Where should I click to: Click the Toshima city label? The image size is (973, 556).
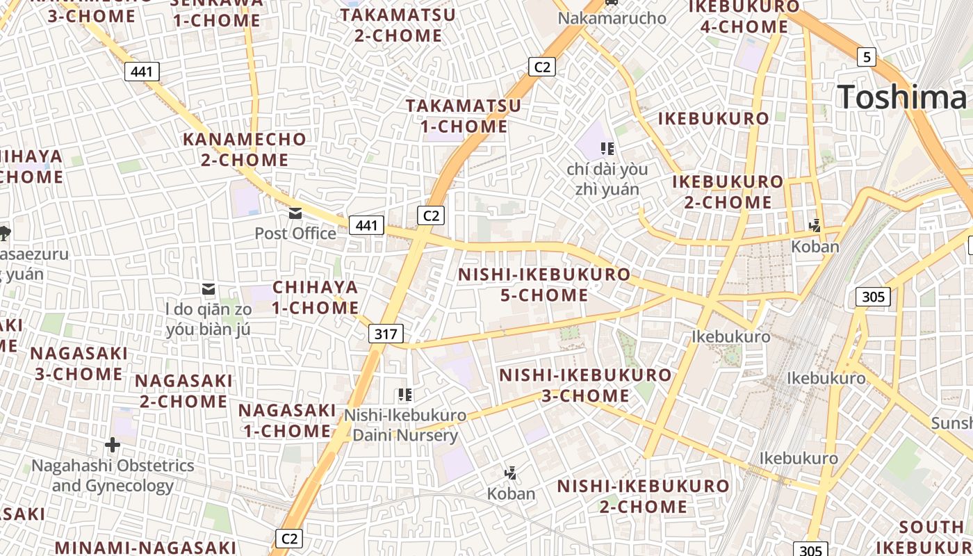point(901,97)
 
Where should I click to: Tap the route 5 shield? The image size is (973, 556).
point(866,57)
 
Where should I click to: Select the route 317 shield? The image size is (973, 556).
point(385,334)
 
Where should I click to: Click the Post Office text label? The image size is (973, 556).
point(295,234)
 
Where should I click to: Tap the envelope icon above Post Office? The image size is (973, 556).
point(295,213)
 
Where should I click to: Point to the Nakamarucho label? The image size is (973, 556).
point(612,18)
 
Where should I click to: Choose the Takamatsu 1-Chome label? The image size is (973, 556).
point(464,116)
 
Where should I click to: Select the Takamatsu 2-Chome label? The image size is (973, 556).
point(398,25)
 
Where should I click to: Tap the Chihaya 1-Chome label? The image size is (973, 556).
point(315,297)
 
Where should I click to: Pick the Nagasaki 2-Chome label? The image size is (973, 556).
point(183,391)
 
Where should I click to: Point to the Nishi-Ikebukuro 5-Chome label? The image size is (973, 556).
point(544,285)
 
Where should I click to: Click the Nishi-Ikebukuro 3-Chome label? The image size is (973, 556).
point(585,386)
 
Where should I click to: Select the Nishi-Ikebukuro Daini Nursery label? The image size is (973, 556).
point(405,425)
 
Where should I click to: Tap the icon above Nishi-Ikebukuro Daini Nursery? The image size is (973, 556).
point(405,395)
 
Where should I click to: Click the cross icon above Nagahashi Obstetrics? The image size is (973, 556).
point(113,444)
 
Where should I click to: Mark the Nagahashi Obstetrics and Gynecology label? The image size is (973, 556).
point(113,475)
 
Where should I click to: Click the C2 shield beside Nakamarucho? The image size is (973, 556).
point(541,67)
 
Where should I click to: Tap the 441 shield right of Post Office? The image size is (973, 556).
point(366,225)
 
